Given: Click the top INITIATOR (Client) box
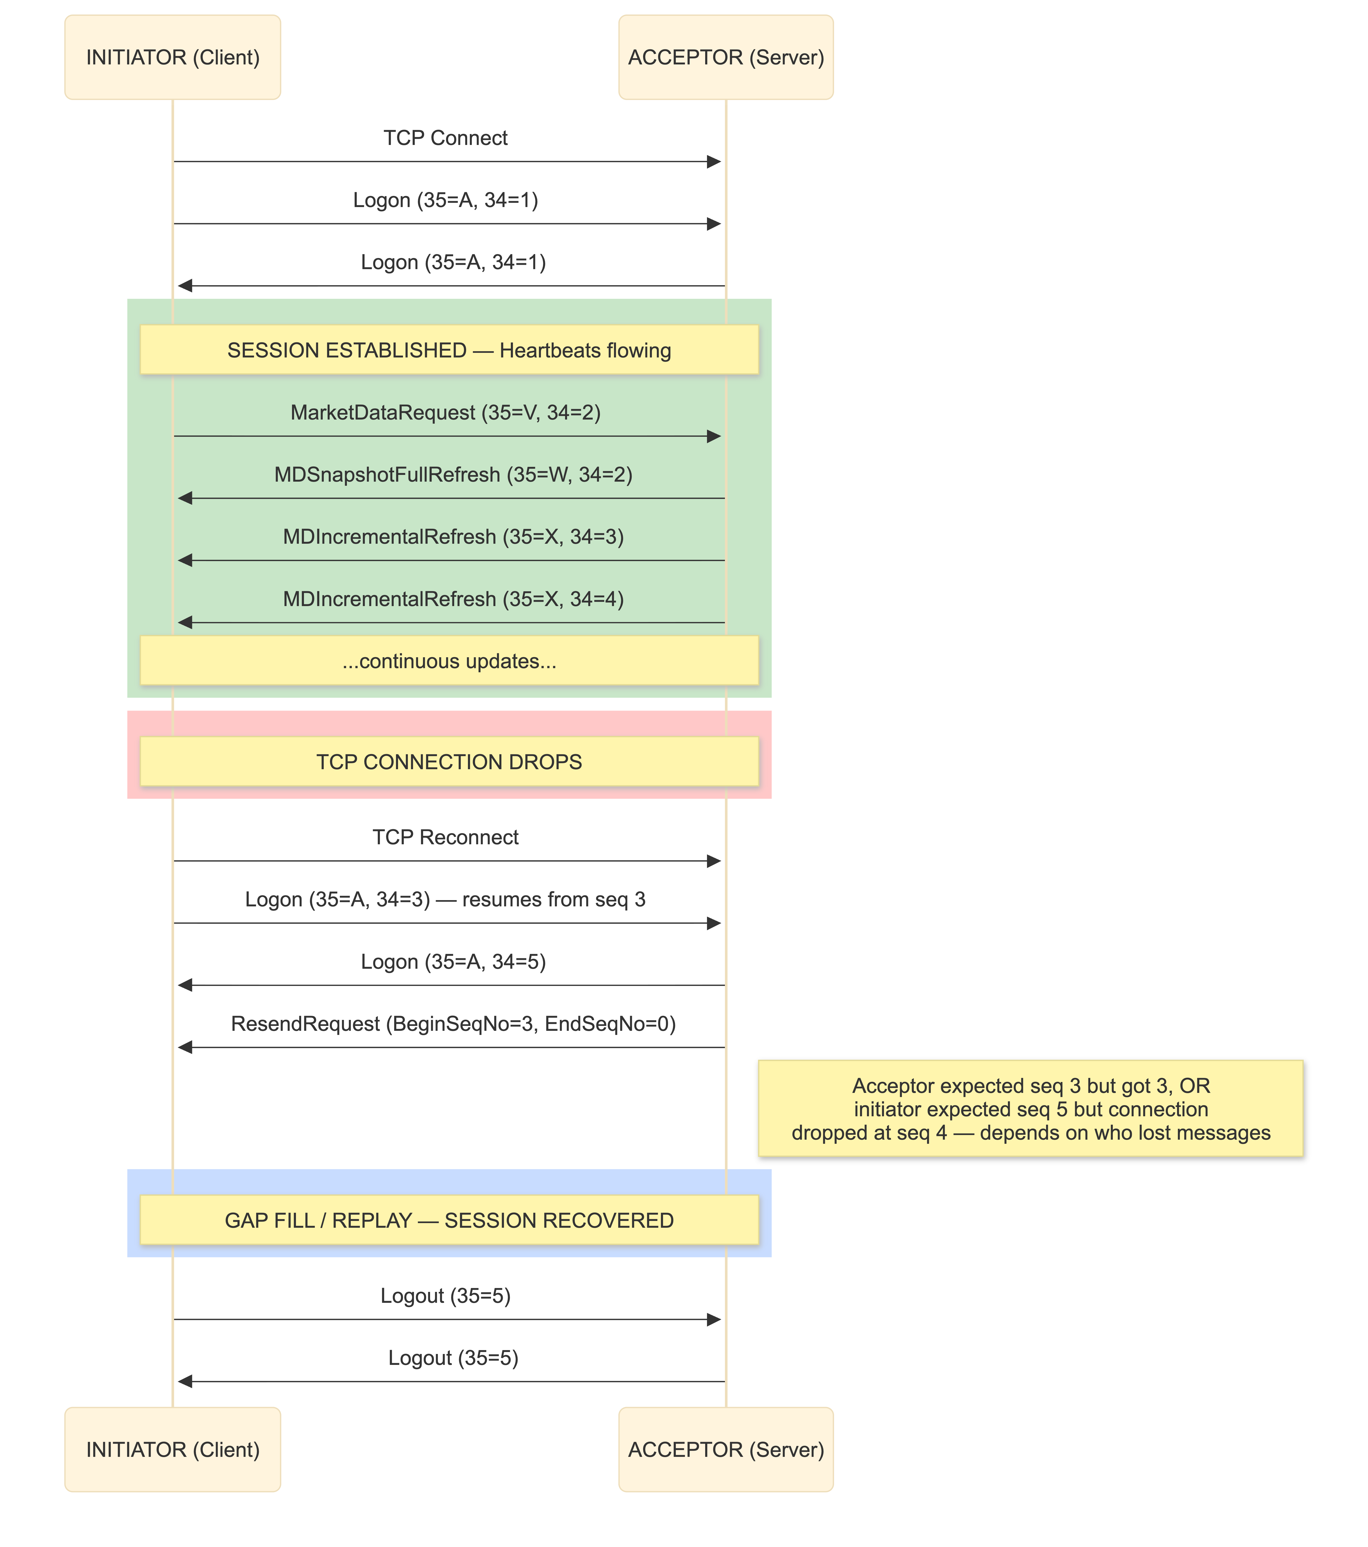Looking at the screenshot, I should click(173, 57).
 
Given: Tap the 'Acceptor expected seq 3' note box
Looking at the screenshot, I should click(1031, 1110).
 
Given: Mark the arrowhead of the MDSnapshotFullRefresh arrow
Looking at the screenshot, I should click(185, 498).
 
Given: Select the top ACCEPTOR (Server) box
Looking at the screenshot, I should click(726, 57).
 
